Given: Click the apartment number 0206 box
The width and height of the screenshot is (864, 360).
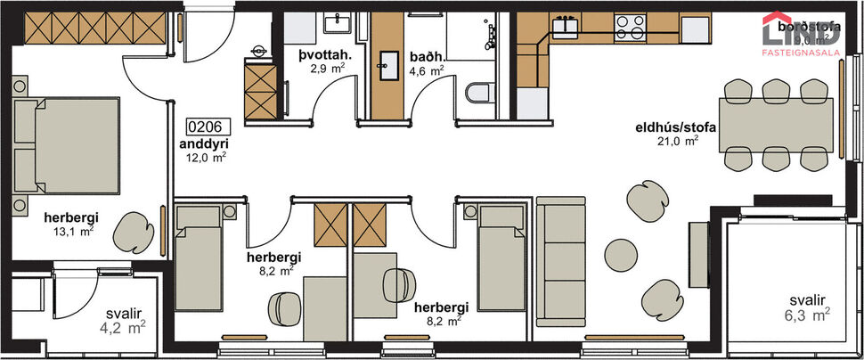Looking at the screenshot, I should tap(203, 126).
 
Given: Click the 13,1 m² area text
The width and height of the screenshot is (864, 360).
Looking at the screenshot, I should tap(74, 231).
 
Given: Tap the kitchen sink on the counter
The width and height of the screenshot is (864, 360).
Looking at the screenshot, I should tap(566, 26).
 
